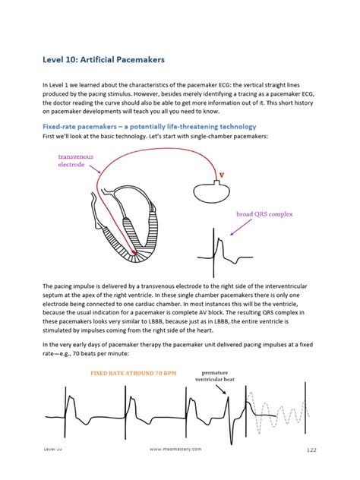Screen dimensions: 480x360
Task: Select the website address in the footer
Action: (x=177, y=450)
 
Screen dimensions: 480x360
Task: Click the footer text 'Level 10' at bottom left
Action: (x=53, y=450)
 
